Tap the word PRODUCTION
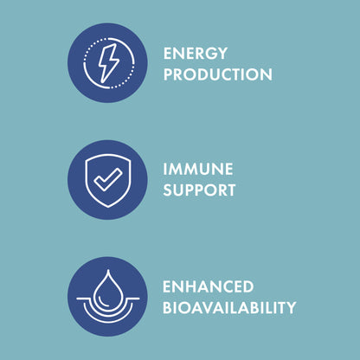(217, 75)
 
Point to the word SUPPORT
(199, 190)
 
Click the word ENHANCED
(208, 286)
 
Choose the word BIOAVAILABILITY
(229, 308)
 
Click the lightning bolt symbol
(107, 63)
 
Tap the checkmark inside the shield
(107, 181)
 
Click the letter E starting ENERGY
(168, 54)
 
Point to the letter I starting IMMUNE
(165, 169)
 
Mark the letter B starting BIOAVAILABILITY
(168, 308)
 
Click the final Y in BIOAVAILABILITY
(291, 308)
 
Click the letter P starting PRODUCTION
(168, 75)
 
